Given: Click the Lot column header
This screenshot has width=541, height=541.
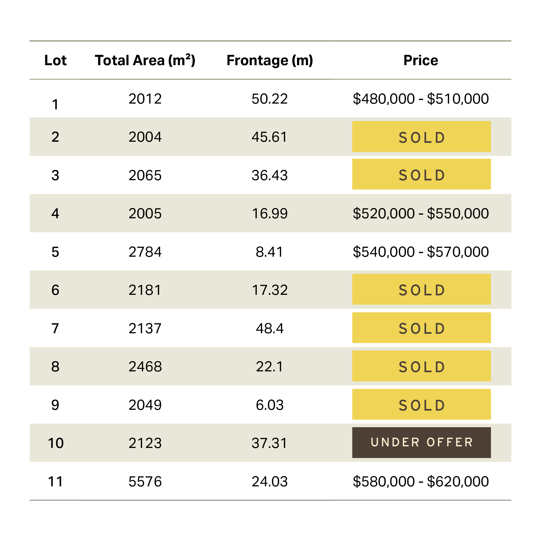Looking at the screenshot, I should coord(55,60).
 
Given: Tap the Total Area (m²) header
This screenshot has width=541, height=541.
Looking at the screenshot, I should coord(145,60).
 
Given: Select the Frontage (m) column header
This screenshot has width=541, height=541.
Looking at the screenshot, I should coord(270,60).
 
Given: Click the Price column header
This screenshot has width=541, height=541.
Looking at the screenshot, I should coord(421,60).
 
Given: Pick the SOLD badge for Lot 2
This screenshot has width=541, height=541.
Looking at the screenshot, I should coord(421,137).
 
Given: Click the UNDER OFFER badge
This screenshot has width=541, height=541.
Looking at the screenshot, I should coord(421,443).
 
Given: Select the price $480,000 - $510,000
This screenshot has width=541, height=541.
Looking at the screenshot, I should coord(421,99).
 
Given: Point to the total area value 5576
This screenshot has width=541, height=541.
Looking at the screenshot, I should coord(145,482).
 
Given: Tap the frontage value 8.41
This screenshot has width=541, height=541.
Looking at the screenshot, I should coord(270,252).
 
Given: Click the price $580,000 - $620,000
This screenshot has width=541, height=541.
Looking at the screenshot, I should coord(421,482).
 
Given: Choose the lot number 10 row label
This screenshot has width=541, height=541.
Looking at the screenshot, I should coord(56,443).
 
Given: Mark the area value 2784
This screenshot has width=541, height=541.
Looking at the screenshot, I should coord(145,252).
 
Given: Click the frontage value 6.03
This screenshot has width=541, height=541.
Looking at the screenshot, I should coord(270,405).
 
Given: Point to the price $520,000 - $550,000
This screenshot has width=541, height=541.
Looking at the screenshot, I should coord(421,214).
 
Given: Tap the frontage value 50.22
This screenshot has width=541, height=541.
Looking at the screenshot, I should coord(270,99).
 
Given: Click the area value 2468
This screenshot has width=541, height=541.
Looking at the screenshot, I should coord(145,367).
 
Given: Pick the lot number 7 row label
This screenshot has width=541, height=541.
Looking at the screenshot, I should coord(55,328).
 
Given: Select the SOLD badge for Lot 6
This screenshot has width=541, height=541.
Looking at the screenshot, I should coord(421,289).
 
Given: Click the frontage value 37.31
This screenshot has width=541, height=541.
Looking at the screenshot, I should coord(270,443).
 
